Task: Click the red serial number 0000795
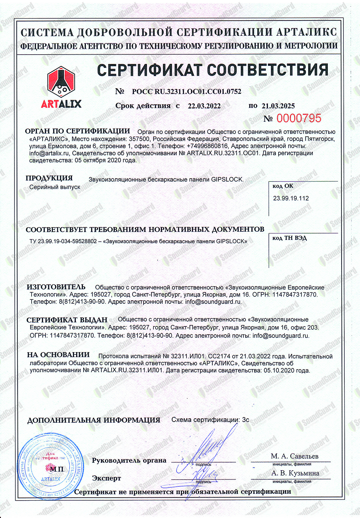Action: coord(298,118)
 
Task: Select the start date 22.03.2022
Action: coord(204,106)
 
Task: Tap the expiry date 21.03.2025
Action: coord(278,106)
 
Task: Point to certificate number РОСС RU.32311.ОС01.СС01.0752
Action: coord(186,91)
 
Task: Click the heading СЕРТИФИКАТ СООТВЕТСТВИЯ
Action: coord(213,70)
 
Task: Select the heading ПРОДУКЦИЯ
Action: coord(49,178)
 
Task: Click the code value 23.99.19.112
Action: coord(291,198)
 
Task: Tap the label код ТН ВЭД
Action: coord(289,238)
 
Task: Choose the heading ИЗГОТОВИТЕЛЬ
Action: coord(56,287)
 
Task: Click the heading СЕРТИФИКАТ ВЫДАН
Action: coord(67,320)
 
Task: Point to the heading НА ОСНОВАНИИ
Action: coord(58,355)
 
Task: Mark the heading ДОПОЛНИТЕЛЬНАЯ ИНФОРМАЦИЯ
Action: coord(94,420)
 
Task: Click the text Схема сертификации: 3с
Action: coord(210,420)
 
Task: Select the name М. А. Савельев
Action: coord(294,456)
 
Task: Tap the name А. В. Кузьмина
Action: coord(295,473)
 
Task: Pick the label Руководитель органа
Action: coord(129,460)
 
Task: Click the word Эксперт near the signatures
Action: coord(106,478)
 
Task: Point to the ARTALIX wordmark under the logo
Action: coord(61,104)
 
